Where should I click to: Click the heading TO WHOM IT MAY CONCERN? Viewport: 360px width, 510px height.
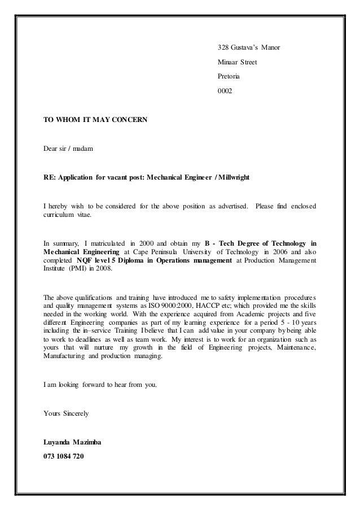click(95, 120)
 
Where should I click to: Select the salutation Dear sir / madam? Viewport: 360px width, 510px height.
click(69, 149)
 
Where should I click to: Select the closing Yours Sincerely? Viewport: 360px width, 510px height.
click(65, 413)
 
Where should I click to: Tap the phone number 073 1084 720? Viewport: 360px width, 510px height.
click(64, 455)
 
